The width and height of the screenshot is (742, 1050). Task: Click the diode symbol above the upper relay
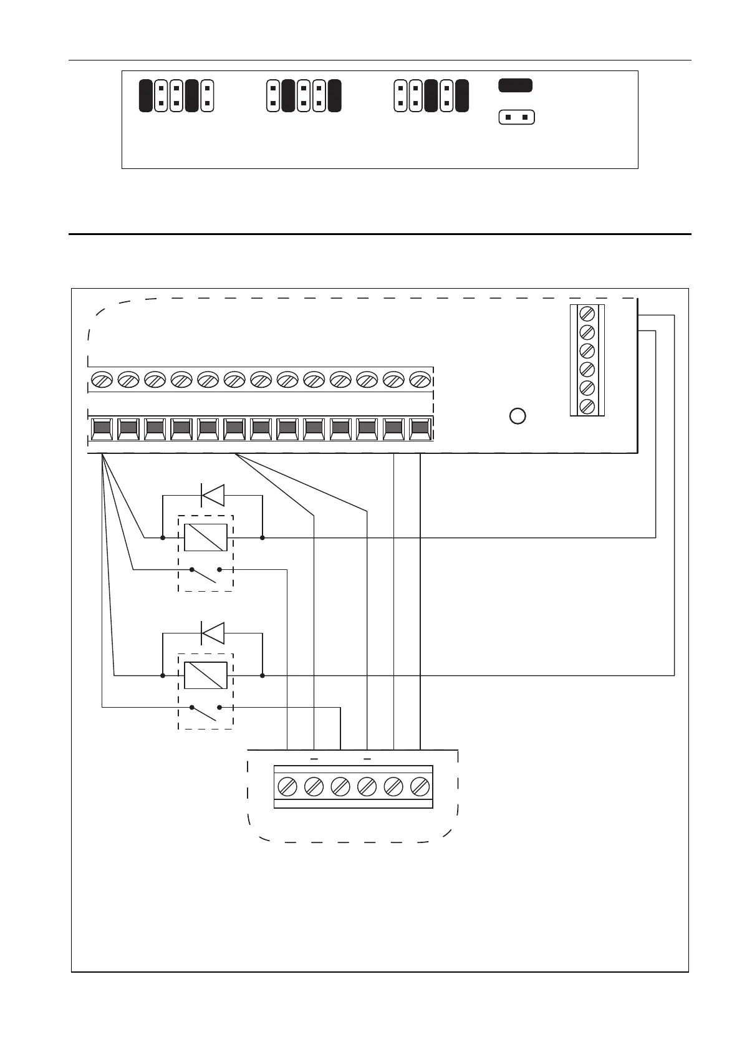click(212, 496)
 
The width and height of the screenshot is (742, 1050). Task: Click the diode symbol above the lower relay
click(212, 633)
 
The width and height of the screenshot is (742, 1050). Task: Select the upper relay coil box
click(205, 537)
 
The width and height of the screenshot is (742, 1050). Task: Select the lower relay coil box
click(205, 675)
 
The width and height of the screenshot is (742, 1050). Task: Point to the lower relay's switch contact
click(205, 713)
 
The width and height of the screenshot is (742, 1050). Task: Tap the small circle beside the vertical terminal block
click(518, 416)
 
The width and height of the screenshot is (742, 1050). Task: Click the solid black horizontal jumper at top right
click(515, 85)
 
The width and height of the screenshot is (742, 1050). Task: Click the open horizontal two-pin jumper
click(517, 117)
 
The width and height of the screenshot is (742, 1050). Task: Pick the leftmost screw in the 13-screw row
click(101, 379)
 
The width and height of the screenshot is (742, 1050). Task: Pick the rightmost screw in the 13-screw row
click(420, 379)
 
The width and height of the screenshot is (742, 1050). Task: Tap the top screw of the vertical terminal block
click(587, 313)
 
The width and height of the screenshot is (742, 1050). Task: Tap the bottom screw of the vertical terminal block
click(587, 407)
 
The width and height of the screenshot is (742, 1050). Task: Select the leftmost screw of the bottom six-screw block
click(287, 787)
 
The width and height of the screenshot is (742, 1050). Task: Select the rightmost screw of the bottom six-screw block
click(420, 787)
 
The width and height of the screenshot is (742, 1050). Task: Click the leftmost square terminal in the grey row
click(102, 428)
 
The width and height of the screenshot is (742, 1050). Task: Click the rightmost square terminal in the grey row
click(420, 428)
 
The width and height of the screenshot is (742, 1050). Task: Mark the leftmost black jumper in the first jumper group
click(145, 96)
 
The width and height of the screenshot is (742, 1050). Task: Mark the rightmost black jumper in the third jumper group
click(461, 96)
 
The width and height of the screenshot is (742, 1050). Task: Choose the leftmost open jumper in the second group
click(272, 96)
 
